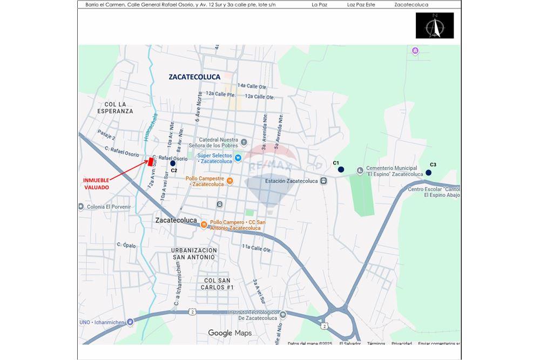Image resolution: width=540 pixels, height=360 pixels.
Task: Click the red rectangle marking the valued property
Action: (x=150, y=161)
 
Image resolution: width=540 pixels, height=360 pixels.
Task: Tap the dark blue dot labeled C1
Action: (x=341, y=169)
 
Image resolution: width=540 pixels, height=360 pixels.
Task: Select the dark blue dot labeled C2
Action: (x=173, y=163)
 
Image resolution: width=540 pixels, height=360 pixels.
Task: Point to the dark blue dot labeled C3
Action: (x=428, y=173)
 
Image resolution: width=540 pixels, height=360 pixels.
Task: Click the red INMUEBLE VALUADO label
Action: (x=96, y=184)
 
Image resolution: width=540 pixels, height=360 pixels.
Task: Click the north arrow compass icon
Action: (x=434, y=26)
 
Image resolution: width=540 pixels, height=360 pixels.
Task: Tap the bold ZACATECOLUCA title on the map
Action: (x=194, y=77)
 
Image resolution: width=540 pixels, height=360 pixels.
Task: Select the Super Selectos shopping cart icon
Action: (x=238, y=158)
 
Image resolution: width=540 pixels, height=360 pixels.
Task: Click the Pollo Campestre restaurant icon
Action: (x=230, y=181)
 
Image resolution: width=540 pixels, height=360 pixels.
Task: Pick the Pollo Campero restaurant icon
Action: (x=204, y=225)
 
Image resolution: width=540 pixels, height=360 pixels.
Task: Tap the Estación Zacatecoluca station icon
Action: (x=323, y=181)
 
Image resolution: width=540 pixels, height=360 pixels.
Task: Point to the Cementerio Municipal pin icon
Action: (x=360, y=171)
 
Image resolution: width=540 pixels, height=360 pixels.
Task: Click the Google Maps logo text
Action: (x=230, y=333)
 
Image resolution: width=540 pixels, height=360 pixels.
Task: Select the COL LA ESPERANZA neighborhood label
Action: (x=115, y=107)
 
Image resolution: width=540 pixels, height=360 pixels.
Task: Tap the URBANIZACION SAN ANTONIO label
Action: (x=194, y=254)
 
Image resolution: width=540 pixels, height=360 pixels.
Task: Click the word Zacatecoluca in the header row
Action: (x=411, y=5)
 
